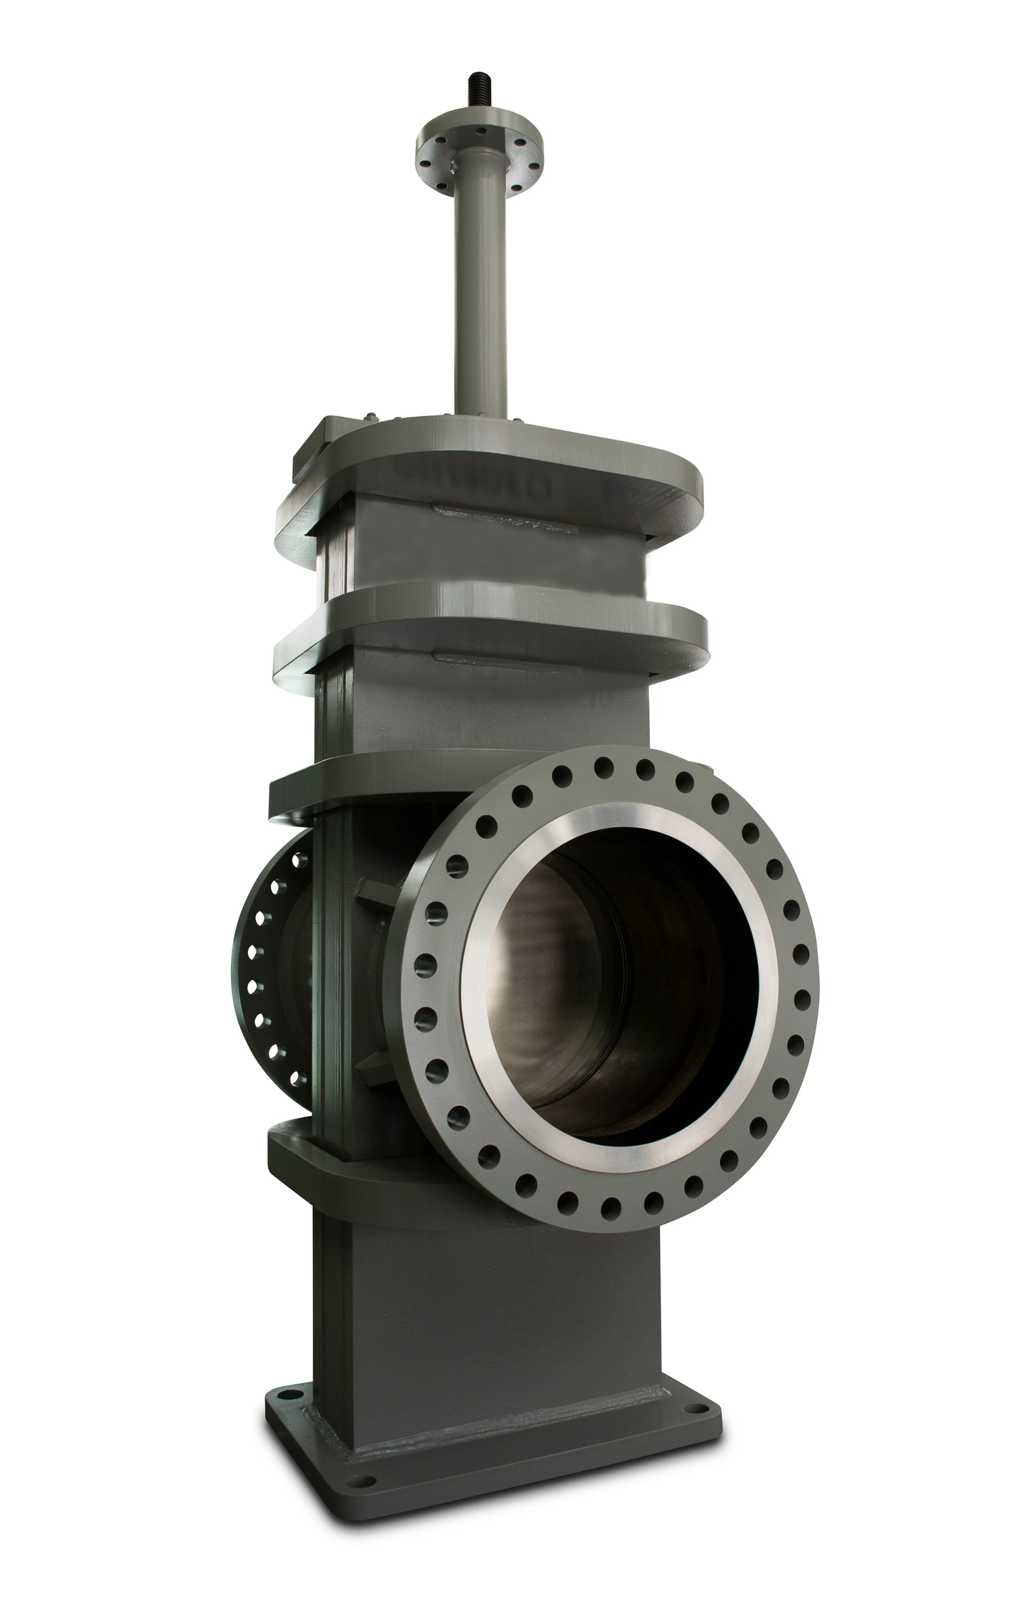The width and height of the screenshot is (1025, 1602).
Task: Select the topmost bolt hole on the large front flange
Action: pyautogui.click(x=603, y=767)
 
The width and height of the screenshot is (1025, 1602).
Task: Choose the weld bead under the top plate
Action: pyautogui.click(x=506, y=513)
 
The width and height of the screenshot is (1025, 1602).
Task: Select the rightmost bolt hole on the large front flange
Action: pyautogui.click(x=803, y=998)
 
